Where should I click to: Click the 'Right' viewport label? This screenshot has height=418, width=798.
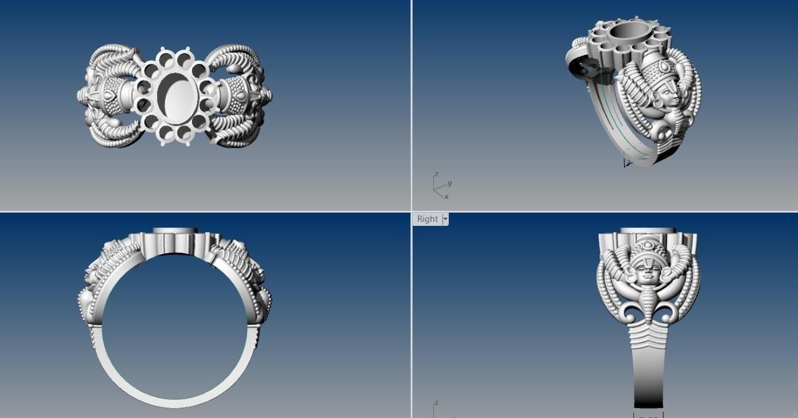pyautogui.click(x=427, y=219)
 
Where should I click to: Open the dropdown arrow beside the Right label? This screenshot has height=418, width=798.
pyautogui.click(x=445, y=219)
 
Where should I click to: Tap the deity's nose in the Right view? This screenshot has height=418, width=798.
pyautogui.click(x=648, y=273)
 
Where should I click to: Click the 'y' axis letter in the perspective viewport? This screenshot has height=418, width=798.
pyautogui.click(x=449, y=183)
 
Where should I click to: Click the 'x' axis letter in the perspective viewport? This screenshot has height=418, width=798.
pyautogui.click(x=446, y=197)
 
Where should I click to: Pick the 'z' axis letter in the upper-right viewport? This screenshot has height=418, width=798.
pyautogui.click(x=436, y=174)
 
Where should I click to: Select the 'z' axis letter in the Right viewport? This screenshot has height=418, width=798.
pyautogui.click(x=436, y=403)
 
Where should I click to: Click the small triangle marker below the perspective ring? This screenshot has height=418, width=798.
pyautogui.click(x=627, y=163)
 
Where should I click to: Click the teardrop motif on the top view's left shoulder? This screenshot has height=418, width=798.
pyautogui.click(x=110, y=96)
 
